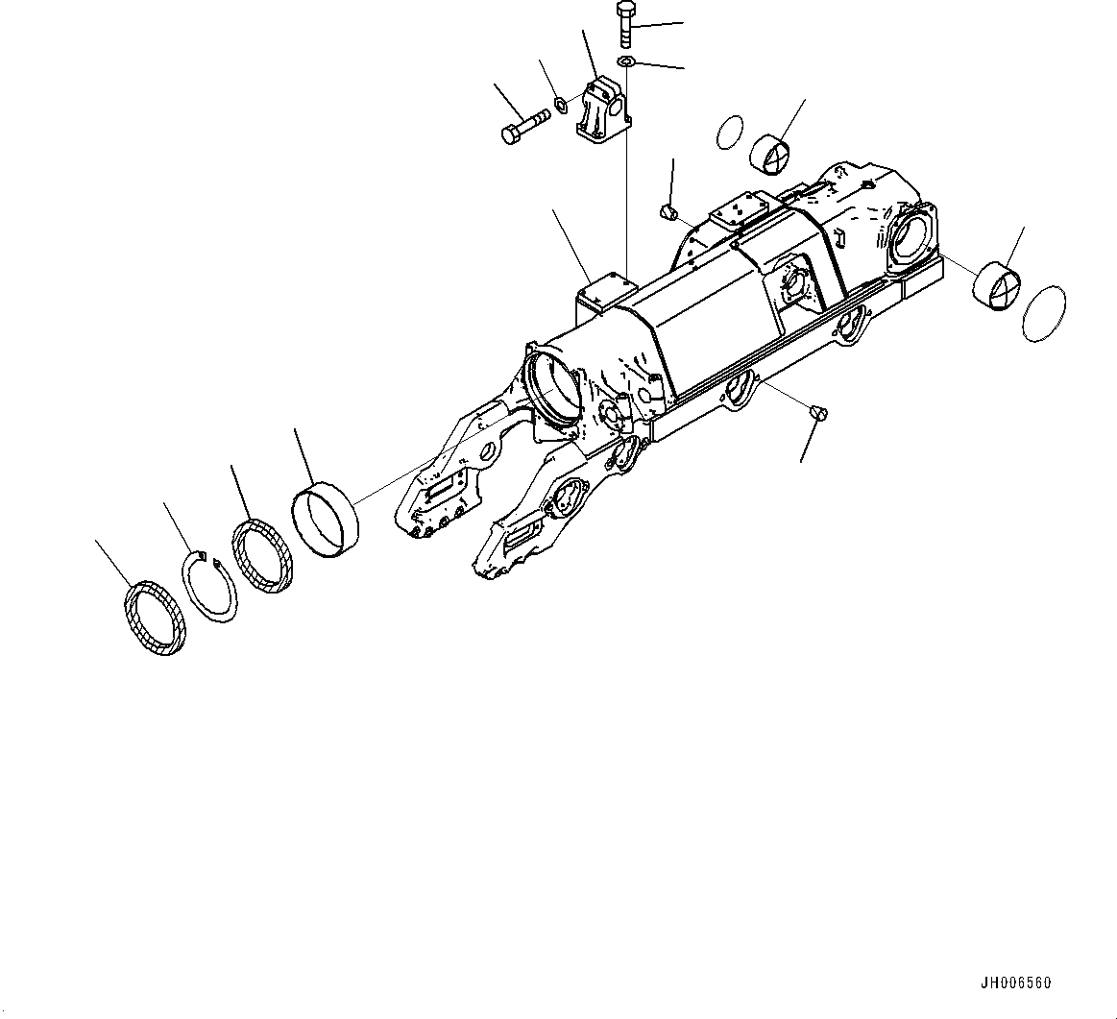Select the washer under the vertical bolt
pos(626,62)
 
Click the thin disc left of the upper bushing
pos(731,133)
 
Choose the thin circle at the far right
pos(1044,313)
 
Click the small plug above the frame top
pos(668,209)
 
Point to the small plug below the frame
pos(819,413)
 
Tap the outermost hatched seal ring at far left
pos(154,619)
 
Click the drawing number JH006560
pos(1015,983)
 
